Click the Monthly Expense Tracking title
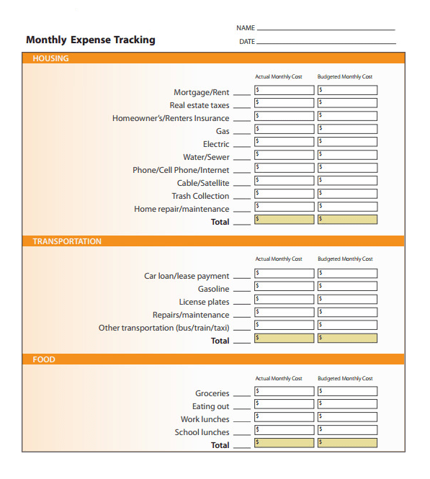[90, 40]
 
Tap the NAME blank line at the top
[326, 29]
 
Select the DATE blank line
[326, 42]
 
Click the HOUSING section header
[50, 59]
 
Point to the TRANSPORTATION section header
[67, 241]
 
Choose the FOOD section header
[43, 359]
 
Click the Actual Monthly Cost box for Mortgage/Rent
[285, 91]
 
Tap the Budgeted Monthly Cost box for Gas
[347, 130]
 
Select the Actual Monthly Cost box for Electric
[285, 143]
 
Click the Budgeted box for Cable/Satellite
[347, 182]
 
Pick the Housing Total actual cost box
[285, 220]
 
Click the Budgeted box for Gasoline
[347, 287]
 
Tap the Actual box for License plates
[285, 300]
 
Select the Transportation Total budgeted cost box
[347, 339]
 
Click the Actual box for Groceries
[285, 392]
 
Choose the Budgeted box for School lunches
[347, 430]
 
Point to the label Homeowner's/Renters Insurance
[171, 118]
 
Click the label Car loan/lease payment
[187, 276]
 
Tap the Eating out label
[210, 406]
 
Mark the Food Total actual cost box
[285, 443]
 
